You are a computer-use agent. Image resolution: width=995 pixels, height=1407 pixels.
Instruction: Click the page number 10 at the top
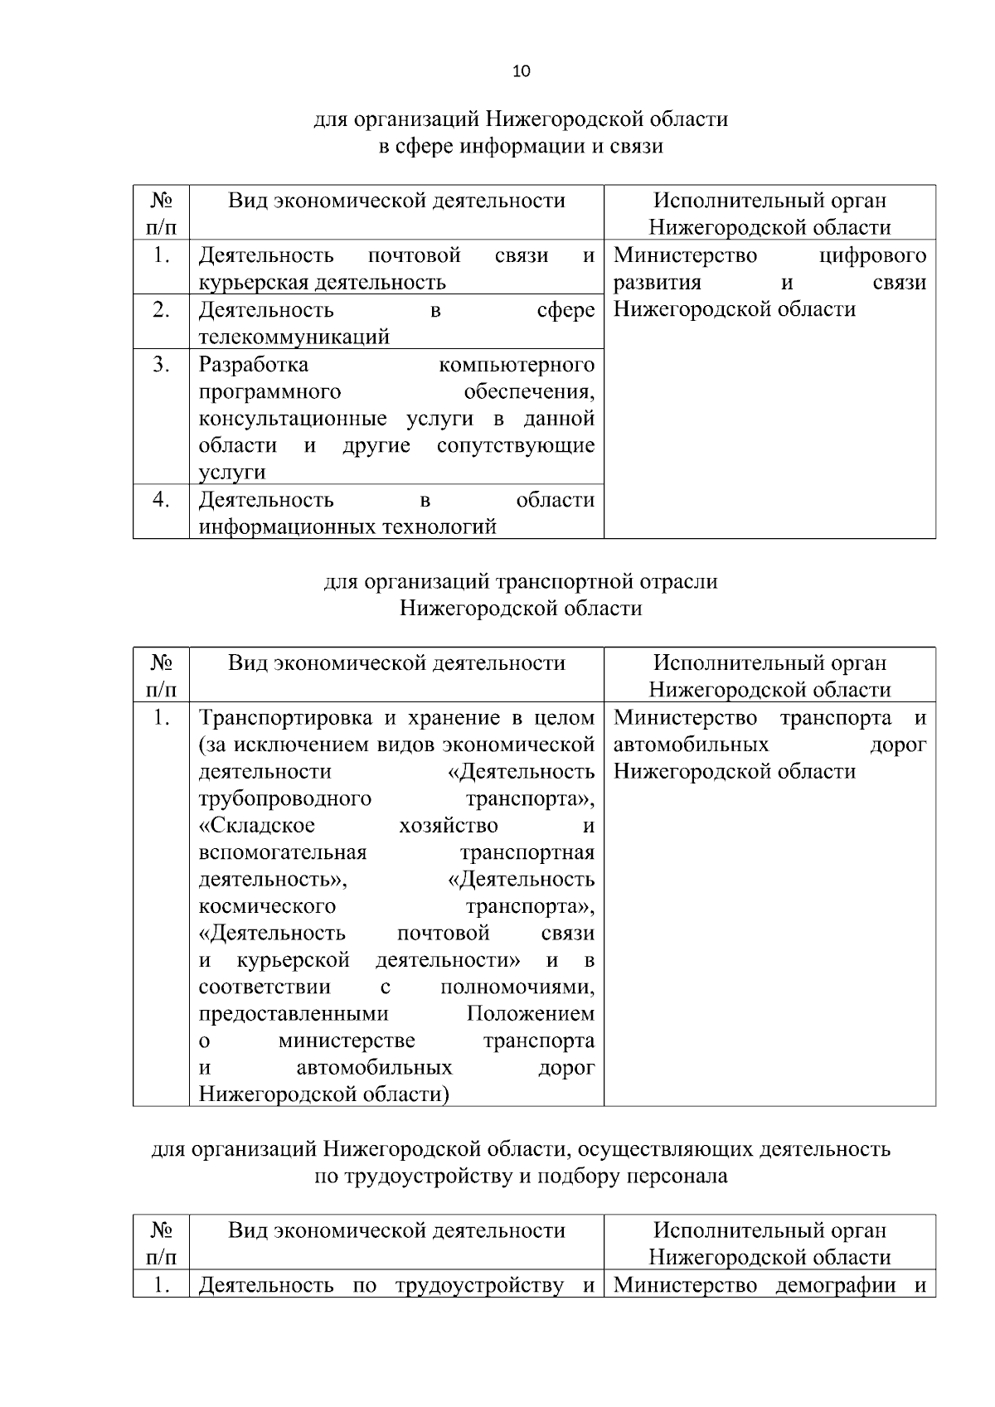(x=522, y=71)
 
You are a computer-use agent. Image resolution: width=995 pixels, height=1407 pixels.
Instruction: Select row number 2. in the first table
(x=161, y=310)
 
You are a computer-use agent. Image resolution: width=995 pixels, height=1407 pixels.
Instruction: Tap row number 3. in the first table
(x=161, y=365)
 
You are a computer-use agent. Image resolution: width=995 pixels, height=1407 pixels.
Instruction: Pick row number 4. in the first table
(x=161, y=500)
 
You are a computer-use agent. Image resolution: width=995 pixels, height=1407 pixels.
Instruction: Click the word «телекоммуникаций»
(x=294, y=337)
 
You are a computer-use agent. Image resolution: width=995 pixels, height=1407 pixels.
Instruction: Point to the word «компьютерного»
(x=517, y=365)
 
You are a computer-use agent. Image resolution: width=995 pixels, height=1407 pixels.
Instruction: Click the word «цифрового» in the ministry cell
(x=872, y=255)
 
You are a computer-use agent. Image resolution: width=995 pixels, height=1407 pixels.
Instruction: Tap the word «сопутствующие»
(x=516, y=446)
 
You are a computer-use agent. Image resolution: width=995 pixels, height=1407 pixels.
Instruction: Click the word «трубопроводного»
(x=284, y=799)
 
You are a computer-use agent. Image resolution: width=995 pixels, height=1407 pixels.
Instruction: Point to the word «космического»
(x=267, y=906)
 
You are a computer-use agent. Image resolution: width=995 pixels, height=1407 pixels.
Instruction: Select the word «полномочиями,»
(x=517, y=987)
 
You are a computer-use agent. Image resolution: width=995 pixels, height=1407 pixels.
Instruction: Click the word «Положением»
(x=531, y=1014)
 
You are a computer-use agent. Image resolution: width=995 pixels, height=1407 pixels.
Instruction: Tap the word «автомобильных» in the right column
(x=691, y=745)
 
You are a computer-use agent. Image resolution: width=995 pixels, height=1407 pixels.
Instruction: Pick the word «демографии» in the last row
(x=836, y=1286)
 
